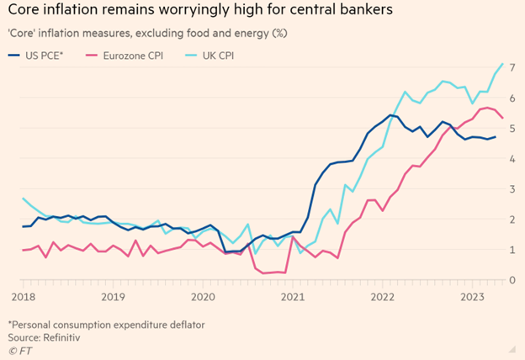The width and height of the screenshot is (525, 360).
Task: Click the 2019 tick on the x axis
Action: (112, 297)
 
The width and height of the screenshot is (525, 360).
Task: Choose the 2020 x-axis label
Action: (202, 297)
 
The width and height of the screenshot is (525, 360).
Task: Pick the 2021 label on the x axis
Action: (292, 297)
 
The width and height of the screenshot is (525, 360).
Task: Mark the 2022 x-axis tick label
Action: (383, 297)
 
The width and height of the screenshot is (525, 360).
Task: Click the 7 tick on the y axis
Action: (512, 67)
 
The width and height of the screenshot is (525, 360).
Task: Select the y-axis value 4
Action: (512, 158)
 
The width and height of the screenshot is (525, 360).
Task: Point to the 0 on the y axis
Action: (512, 279)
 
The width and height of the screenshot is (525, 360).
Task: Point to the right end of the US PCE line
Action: (496, 137)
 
